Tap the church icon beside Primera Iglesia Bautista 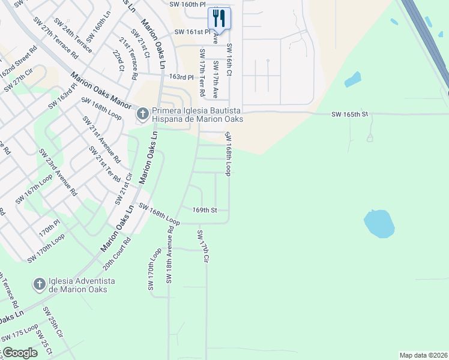(142, 113)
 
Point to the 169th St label (204, 210)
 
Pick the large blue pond (379, 223)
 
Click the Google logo (19, 353)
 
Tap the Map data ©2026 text (423, 355)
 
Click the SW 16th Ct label (229, 59)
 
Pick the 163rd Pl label (182, 77)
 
